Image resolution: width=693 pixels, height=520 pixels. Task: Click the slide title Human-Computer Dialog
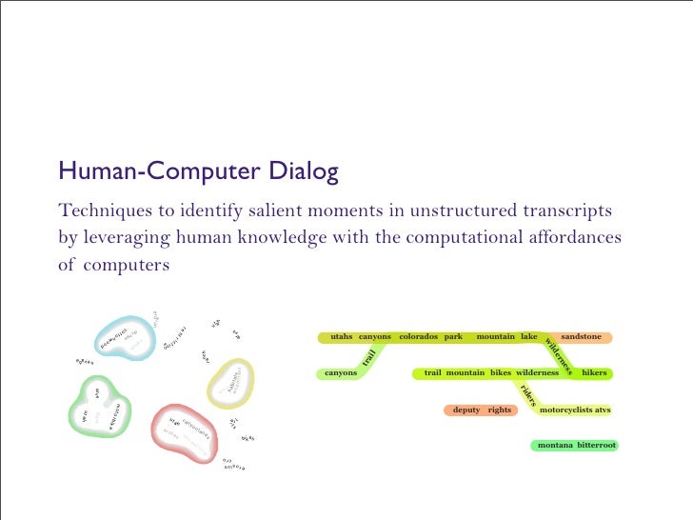(x=198, y=172)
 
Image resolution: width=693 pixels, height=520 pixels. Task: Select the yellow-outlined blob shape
(x=230, y=383)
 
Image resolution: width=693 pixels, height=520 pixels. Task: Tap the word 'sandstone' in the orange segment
(x=581, y=337)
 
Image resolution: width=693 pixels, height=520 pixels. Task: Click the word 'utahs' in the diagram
(x=341, y=337)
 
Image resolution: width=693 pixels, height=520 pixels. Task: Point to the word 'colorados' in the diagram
(x=418, y=337)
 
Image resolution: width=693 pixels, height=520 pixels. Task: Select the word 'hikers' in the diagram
(x=594, y=373)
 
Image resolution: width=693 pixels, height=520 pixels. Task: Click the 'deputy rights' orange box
(x=482, y=410)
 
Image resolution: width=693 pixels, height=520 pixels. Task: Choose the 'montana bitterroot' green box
(x=576, y=445)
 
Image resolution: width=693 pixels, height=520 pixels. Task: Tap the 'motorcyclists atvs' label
(x=575, y=410)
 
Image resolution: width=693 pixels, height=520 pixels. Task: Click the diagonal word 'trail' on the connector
(x=369, y=357)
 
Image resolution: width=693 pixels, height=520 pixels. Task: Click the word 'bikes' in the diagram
(x=501, y=373)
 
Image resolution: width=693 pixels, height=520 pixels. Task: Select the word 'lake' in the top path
(x=528, y=337)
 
